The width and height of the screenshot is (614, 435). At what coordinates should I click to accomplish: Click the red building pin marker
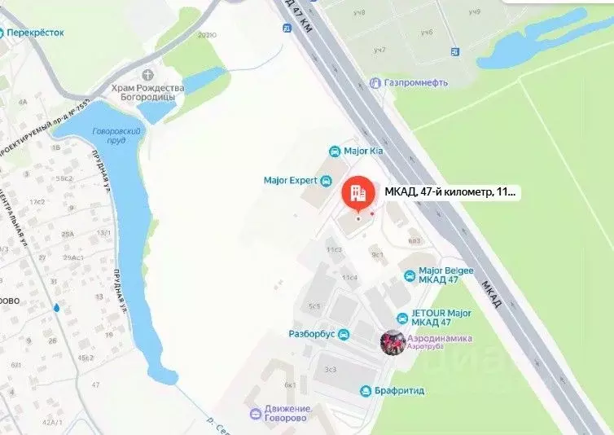coord(357,193)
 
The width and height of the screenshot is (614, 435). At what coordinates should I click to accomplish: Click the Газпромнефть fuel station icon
coord(375,83)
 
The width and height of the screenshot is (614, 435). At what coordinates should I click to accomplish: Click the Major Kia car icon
coord(334,152)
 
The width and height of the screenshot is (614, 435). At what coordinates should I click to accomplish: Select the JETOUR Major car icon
coord(402,317)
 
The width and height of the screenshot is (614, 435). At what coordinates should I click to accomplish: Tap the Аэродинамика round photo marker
coord(393,343)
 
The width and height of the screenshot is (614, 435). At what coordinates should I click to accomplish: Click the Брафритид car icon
coord(366,391)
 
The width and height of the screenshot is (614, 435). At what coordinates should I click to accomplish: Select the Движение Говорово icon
coord(255,413)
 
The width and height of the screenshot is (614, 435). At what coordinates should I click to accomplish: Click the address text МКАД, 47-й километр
coord(450,193)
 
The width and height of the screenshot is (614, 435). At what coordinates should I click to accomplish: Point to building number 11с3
coord(333,249)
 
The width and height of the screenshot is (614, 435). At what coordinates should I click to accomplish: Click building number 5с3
coord(314,306)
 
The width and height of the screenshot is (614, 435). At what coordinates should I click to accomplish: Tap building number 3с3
coord(330,369)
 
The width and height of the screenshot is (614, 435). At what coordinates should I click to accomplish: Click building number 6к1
coord(289,384)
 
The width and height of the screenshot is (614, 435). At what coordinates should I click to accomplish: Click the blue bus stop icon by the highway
coord(287,29)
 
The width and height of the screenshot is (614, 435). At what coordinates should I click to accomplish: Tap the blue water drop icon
coord(56,308)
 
